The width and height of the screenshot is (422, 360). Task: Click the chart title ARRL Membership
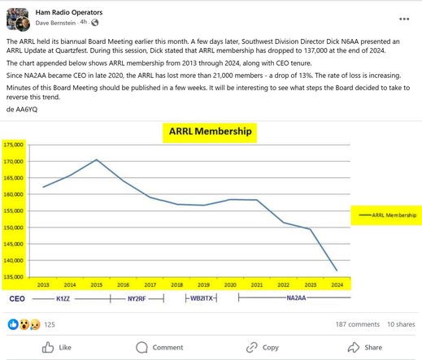[x=210, y=132]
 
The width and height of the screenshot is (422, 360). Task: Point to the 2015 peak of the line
[x=97, y=159]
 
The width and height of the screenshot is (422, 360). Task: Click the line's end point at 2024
[x=337, y=271]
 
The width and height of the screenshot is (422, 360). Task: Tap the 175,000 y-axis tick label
[x=13, y=145]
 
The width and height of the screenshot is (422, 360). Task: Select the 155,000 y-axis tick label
[x=13, y=210]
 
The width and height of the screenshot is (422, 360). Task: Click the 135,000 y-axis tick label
[x=13, y=277]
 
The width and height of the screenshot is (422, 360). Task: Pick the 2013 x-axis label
[x=43, y=284]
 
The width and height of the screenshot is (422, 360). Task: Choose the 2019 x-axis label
[x=203, y=284]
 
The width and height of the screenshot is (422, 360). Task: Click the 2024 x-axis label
[x=337, y=284]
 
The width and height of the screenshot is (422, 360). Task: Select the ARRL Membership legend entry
[x=388, y=215]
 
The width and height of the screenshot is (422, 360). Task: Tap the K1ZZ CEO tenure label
[x=63, y=299]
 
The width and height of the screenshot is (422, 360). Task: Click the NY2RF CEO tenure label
[x=137, y=299]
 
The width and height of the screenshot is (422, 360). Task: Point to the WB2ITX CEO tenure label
[x=202, y=298]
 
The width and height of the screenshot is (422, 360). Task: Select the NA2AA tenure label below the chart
[x=296, y=298]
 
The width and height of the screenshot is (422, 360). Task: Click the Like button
[x=57, y=347]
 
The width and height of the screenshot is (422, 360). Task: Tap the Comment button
[x=159, y=347]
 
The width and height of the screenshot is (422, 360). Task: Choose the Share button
[x=365, y=347]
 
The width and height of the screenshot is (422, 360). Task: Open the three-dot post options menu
[x=404, y=19]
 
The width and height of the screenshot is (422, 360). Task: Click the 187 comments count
[x=358, y=324]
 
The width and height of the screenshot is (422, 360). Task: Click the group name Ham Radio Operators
[x=69, y=12]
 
